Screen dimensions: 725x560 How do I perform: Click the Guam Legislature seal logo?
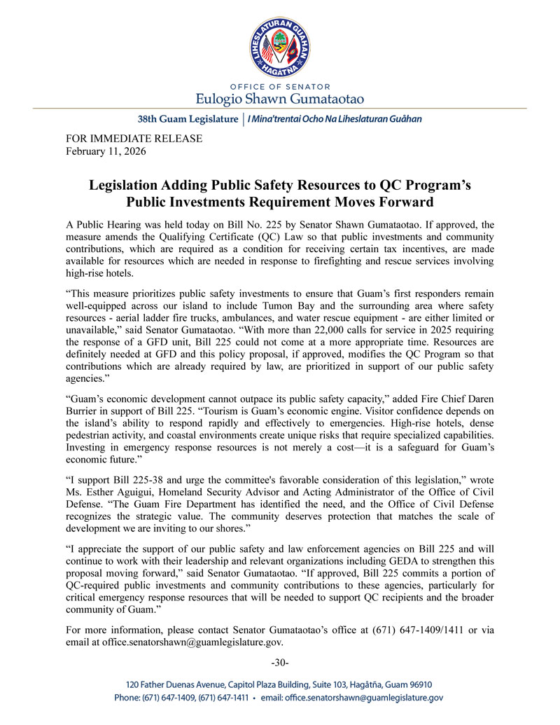click(280, 44)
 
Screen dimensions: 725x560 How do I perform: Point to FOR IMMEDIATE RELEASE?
click(134, 139)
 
